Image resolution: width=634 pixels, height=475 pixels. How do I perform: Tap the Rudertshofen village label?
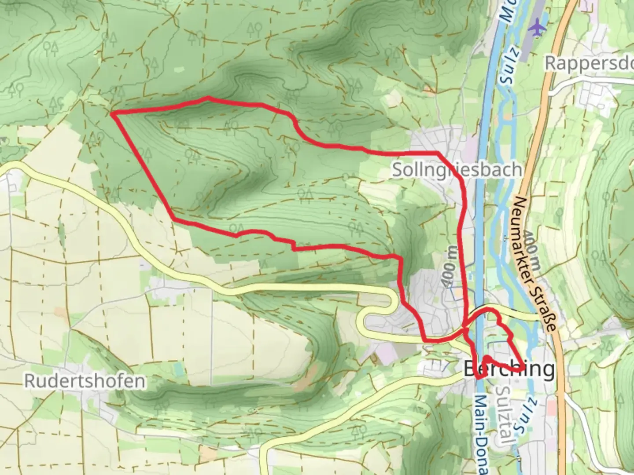pyautogui.click(x=84, y=381)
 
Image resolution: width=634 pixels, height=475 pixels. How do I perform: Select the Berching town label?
pyautogui.click(x=509, y=369)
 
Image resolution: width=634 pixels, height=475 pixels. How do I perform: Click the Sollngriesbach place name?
pyautogui.click(x=457, y=170)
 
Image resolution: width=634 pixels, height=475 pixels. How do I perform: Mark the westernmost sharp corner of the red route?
pyautogui.click(x=113, y=114)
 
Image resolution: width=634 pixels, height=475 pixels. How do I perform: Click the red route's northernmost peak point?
pyautogui.click(x=208, y=99)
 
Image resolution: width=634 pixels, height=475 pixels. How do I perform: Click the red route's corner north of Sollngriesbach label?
pyautogui.click(x=438, y=153)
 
